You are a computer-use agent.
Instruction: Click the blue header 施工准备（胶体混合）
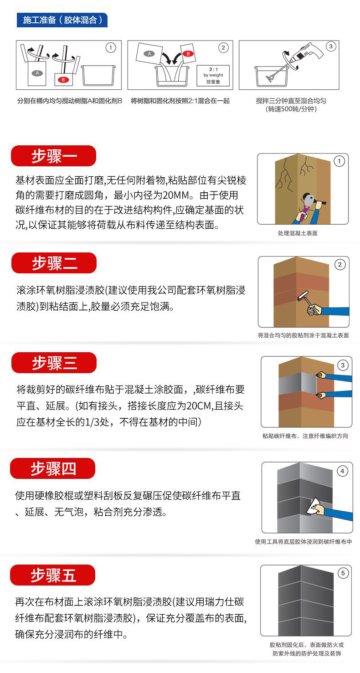point(62,20)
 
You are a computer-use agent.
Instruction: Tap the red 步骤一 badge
point(54,156)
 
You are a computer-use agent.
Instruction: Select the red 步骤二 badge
point(54,263)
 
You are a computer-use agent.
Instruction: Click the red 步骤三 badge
point(54,363)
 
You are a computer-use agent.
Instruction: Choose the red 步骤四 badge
point(53,468)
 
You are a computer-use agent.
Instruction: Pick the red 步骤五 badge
point(53,575)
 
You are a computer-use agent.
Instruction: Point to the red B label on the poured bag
point(186,53)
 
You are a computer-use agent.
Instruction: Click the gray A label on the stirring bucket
point(37,73)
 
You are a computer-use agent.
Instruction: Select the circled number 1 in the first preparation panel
point(111,47)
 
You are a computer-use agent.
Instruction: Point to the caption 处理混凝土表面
point(298,233)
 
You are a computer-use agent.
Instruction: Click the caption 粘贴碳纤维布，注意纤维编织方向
point(305,436)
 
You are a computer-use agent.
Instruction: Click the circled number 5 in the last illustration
point(343,573)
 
